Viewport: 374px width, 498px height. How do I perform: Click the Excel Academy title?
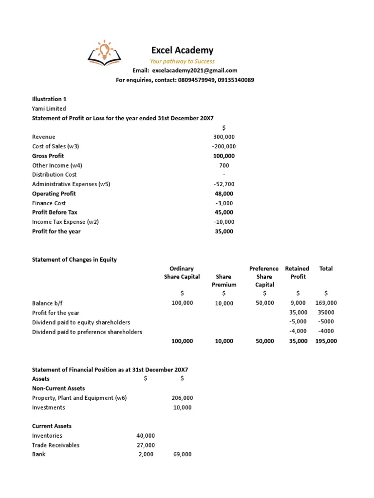[x=182, y=50]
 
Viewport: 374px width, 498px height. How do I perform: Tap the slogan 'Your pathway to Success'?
[x=182, y=61]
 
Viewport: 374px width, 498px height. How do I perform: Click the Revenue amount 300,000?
[x=224, y=137]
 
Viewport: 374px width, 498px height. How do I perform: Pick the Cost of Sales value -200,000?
[x=224, y=146]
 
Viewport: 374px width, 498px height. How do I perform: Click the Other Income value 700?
[x=224, y=165]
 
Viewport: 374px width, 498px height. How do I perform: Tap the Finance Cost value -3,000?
[x=224, y=203]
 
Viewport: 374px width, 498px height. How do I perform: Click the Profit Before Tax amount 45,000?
[x=224, y=213]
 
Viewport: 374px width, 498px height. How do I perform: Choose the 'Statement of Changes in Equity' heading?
[x=74, y=259]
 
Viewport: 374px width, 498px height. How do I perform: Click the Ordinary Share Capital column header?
[x=182, y=272]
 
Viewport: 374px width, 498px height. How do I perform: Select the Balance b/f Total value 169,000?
[x=326, y=303]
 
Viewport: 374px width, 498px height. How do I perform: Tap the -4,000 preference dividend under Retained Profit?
[x=298, y=332]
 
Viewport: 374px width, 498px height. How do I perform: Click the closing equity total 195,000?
[x=326, y=341]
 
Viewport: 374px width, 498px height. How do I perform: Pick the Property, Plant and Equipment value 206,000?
[x=182, y=398]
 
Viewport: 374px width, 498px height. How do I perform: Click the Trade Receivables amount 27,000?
[x=146, y=445]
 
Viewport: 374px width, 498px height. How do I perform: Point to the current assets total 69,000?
[x=182, y=454]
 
